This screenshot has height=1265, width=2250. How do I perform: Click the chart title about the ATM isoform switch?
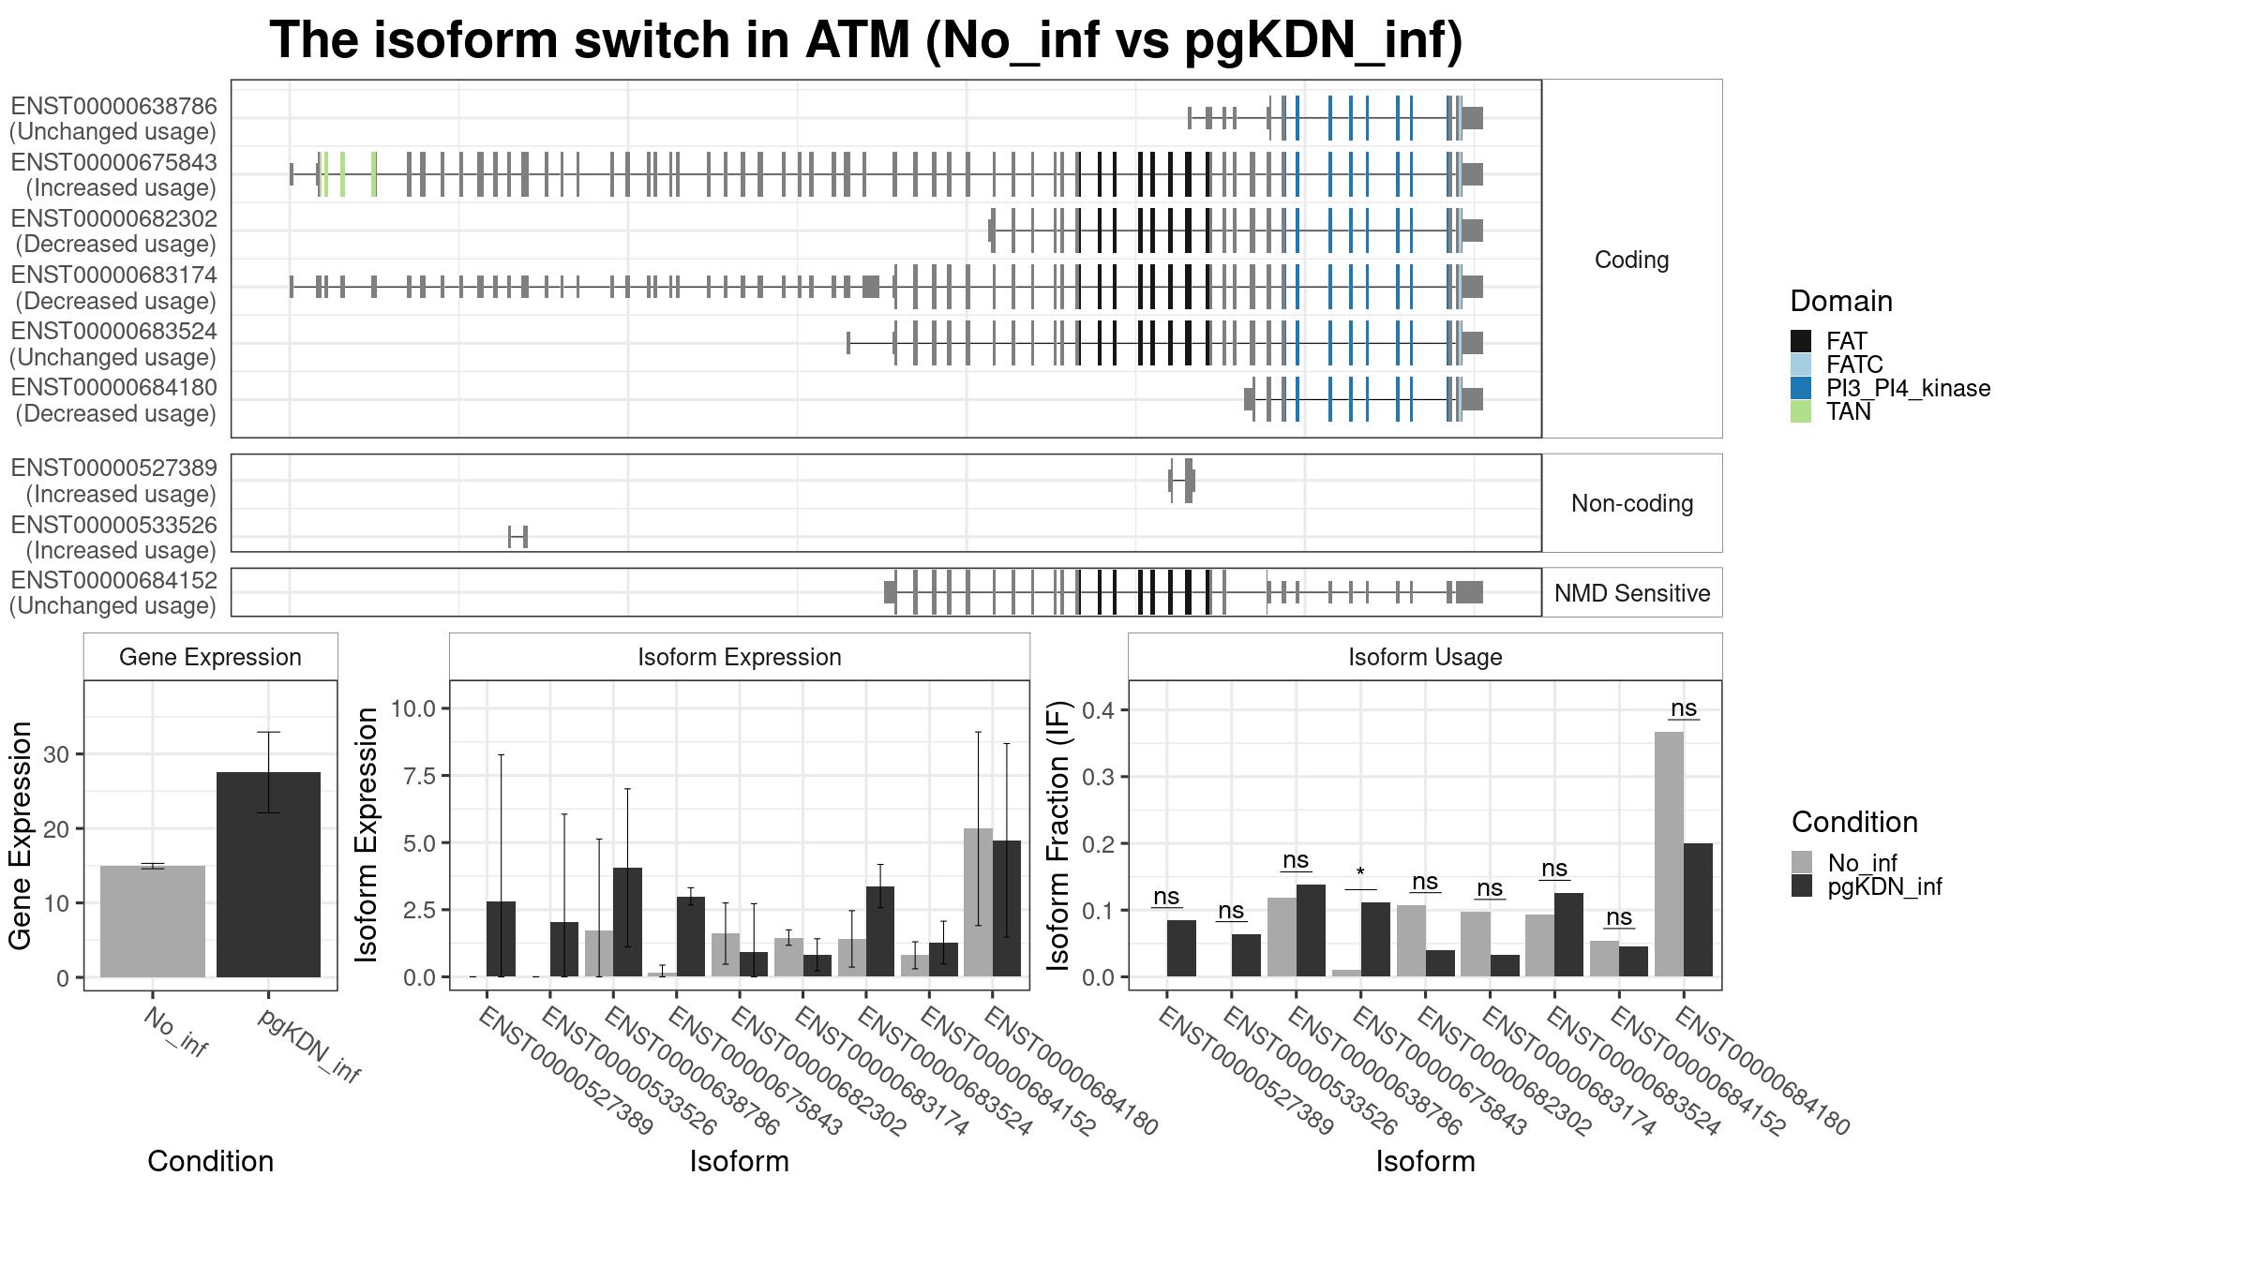tap(866, 40)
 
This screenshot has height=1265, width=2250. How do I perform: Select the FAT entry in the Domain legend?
tap(1828, 341)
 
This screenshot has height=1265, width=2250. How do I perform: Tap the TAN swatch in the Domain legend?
tap(1800, 411)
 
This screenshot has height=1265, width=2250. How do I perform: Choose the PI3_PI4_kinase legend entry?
tap(1890, 388)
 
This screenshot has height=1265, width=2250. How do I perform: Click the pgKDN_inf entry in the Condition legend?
tap(1867, 886)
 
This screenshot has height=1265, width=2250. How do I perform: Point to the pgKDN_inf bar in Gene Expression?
tap(268, 874)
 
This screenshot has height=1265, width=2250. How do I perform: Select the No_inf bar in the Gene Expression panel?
tap(152, 921)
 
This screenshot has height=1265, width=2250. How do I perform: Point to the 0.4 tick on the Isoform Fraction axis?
tap(1100, 709)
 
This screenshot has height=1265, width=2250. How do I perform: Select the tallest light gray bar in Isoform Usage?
tap(1669, 854)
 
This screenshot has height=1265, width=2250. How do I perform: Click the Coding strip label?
tap(1631, 260)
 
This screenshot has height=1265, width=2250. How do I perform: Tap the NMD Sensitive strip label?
tap(1632, 593)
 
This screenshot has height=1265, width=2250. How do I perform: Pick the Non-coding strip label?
tap(1632, 503)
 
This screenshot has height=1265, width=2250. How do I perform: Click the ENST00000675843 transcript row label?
tap(113, 175)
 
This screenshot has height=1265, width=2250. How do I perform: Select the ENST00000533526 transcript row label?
tap(113, 538)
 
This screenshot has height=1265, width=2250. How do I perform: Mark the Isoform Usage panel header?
tap(1425, 657)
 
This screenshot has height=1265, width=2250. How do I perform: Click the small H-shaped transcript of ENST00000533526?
tap(517, 537)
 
